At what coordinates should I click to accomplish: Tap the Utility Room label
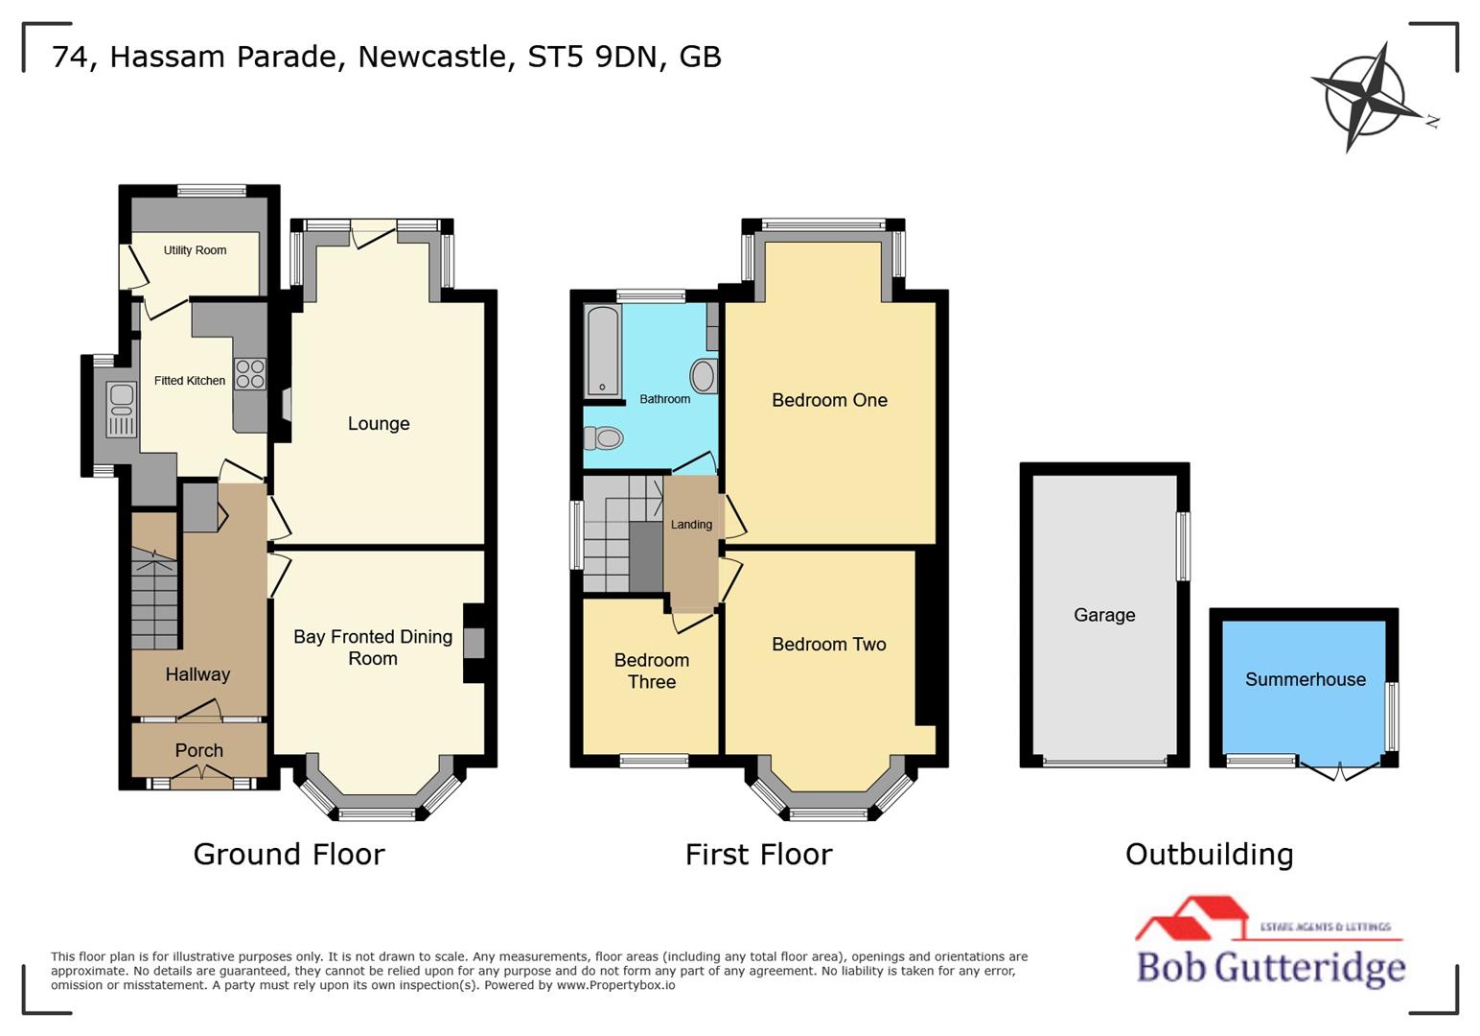click(x=195, y=250)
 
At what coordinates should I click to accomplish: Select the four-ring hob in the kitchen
click(x=250, y=374)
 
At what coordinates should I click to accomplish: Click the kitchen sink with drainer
click(x=122, y=410)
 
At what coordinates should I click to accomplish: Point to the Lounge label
click(x=379, y=424)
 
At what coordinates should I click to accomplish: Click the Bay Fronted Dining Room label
click(x=373, y=647)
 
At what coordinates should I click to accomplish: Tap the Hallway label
click(x=197, y=674)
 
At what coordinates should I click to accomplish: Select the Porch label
click(x=198, y=750)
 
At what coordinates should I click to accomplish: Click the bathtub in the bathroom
click(x=602, y=350)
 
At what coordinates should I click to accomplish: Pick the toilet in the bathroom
click(x=605, y=438)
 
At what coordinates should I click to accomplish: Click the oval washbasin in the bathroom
click(x=703, y=376)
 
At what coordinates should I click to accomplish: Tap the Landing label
click(x=691, y=525)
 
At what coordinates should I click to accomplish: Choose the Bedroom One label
click(x=829, y=400)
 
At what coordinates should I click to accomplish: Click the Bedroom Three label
click(x=652, y=671)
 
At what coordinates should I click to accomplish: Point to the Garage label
click(x=1104, y=615)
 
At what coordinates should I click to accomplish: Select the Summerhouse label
click(x=1305, y=679)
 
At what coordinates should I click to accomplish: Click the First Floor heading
click(x=758, y=854)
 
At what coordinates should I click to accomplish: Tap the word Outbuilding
click(x=1209, y=854)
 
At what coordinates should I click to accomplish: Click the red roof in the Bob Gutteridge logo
click(x=1191, y=916)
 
